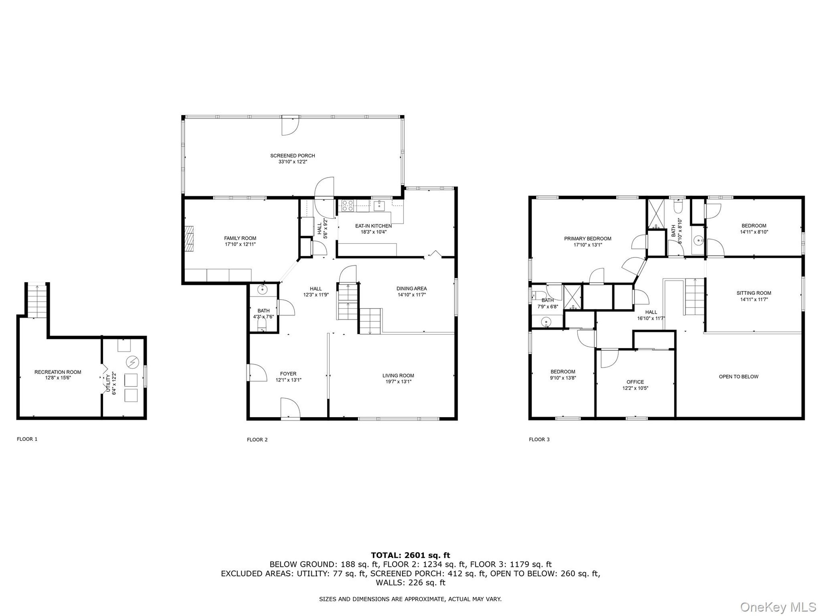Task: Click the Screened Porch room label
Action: coord(292,156)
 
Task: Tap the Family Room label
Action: coord(240,238)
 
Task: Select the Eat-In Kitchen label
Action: coord(373,226)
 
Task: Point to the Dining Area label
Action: coord(411,288)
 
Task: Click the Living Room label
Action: coord(398,376)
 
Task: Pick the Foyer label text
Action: coord(288,374)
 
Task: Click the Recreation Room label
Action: coord(58,372)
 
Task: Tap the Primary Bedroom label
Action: coord(588,239)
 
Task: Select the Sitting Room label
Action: coord(754,293)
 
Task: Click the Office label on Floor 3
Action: coord(635,382)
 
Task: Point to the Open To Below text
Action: coord(738,377)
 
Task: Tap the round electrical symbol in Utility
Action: coord(133,362)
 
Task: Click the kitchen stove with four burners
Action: coord(347,205)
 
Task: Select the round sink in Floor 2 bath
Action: coord(262,290)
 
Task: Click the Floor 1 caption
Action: coord(27,439)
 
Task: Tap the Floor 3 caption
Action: coord(539,439)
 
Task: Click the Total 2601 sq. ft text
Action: coord(410,555)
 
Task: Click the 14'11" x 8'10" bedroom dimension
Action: coord(754,232)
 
